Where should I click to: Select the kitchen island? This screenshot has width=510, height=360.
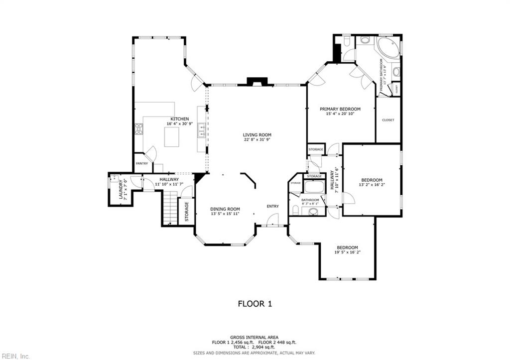172,137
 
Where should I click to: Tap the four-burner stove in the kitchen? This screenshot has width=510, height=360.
139,129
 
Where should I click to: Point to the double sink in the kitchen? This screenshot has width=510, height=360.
202,130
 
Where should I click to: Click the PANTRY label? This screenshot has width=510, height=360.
141,163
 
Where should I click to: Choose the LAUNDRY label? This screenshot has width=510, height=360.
120,189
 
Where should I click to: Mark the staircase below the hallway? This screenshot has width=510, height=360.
170,209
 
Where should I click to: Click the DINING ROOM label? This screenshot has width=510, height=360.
225,209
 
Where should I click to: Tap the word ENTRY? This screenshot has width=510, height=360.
272,206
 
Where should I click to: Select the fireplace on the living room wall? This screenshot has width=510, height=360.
257,82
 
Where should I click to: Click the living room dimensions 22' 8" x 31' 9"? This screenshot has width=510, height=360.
257,140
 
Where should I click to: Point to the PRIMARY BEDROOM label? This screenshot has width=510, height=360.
340,109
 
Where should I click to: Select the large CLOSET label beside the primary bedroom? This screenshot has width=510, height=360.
388,120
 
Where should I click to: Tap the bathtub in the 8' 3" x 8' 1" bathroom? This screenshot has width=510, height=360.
313,187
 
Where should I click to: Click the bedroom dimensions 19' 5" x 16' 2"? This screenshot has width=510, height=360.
347,253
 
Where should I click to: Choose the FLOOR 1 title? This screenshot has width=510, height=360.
255,303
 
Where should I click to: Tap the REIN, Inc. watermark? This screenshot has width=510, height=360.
15,356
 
